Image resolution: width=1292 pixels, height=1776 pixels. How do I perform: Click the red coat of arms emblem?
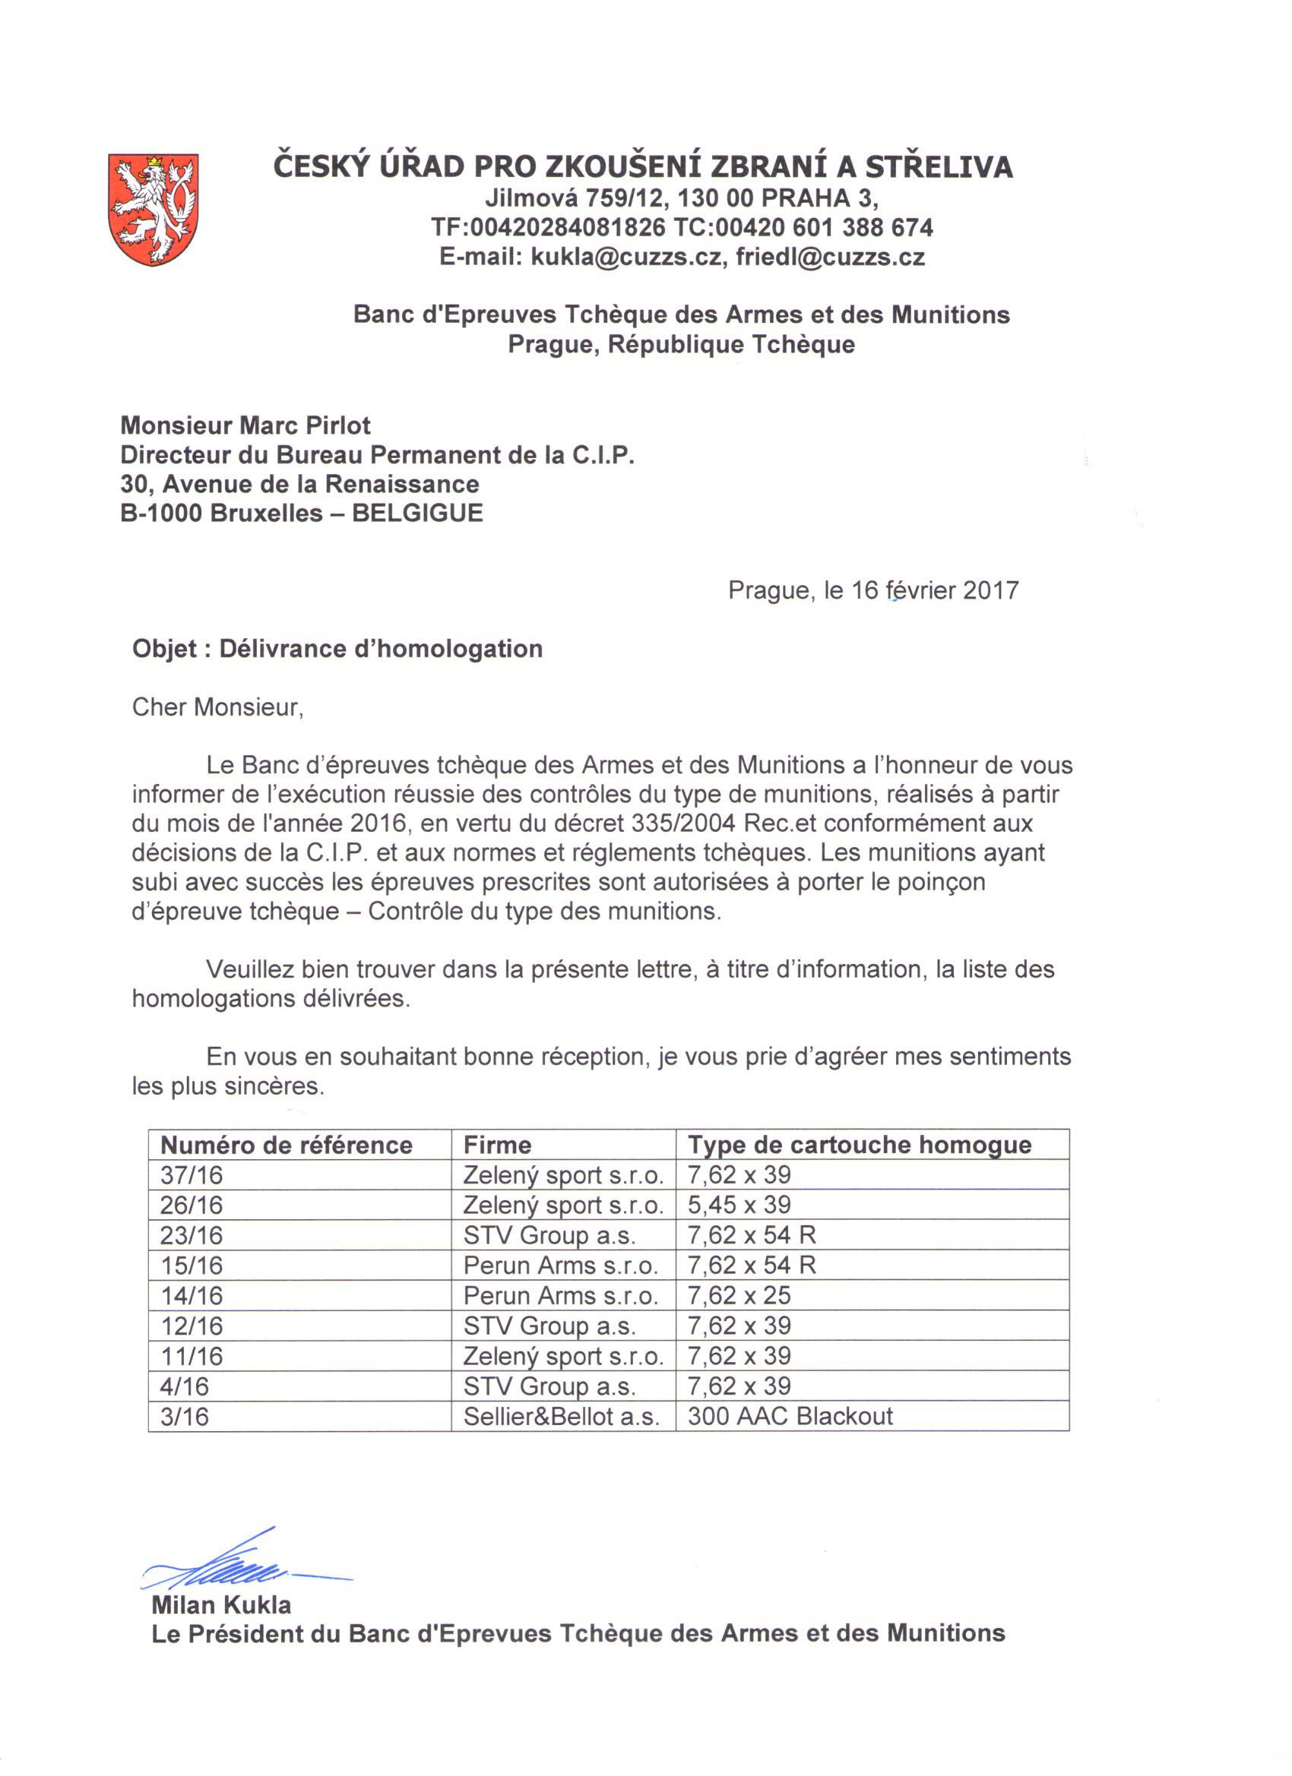point(153,209)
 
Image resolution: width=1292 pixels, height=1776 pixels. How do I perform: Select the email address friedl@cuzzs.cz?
point(830,257)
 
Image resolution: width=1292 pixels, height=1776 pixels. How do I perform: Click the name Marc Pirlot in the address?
point(305,425)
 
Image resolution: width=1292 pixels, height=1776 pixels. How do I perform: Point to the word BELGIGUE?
point(417,513)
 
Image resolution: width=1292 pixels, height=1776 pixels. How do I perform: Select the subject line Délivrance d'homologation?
point(381,649)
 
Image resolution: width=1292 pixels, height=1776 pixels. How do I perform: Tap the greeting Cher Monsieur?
point(217,707)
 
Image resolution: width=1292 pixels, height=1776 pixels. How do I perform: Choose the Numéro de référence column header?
point(286,1145)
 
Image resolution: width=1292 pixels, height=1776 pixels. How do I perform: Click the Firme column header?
point(497,1145)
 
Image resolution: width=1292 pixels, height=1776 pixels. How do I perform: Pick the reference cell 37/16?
point(192,1175)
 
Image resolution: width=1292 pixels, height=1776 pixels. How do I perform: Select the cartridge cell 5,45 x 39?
point(739,1205)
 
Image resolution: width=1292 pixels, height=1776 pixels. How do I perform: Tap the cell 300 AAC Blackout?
point(790,1416)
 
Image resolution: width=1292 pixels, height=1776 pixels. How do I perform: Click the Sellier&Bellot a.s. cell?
point(561,1416)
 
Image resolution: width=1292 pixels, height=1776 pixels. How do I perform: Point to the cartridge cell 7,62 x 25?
point(739,1295)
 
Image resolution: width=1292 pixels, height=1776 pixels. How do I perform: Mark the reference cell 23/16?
point(192,1236)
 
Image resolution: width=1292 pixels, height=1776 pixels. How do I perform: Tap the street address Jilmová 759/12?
point(575,198)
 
